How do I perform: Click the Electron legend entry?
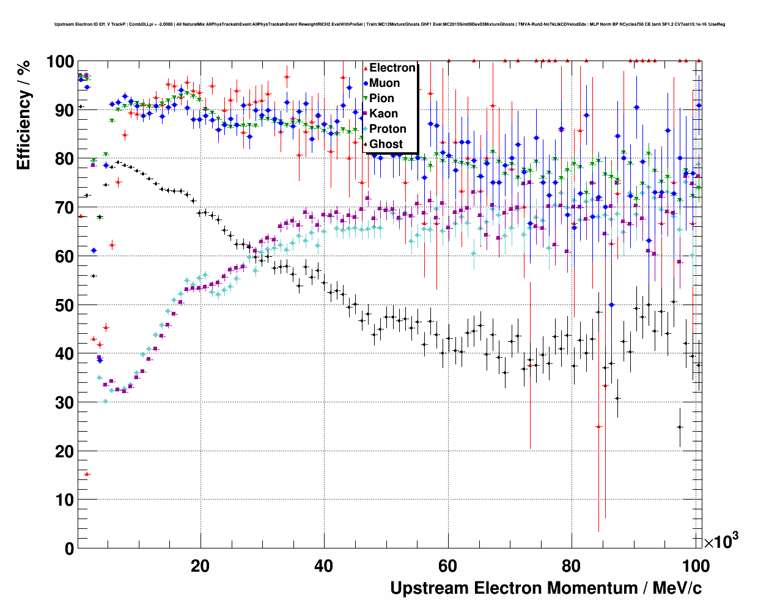[392, 68]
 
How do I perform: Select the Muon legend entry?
[384, 83]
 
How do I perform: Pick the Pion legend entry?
[381, 98]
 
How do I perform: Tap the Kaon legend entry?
[383, 114]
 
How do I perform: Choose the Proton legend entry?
[388, 129]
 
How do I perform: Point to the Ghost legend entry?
[386, 144]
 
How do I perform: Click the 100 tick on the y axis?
[61, 62]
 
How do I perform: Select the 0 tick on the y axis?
[69, 548]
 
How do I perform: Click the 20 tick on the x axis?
[200, 566]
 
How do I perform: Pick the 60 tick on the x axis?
[447, 566]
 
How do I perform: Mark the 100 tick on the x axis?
[696, 566]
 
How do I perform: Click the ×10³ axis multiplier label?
[721, 541]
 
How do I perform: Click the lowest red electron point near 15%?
[87, 474]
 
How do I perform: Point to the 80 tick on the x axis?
[572, 566]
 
